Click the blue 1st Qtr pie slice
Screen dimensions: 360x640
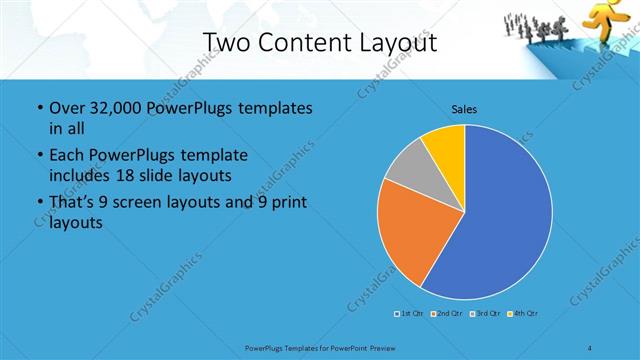pyautogui.click(x=500, y=220)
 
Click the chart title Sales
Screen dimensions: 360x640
pyautogui.click(x=464, y=108)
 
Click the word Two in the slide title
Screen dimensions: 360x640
pyautogui.click(x=229, y=43)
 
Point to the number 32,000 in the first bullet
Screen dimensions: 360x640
pyautogui.click(x=114, y=108)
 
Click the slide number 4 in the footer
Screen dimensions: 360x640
pyautogui.click(x=590, y=347)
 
